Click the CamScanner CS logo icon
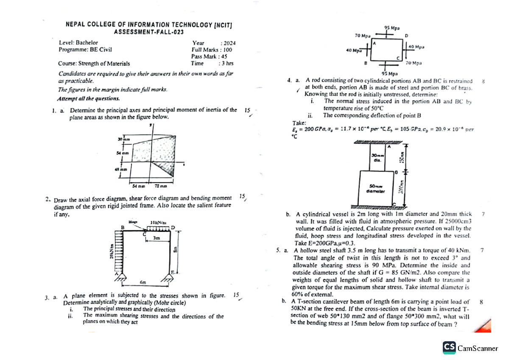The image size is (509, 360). (x=449, y=348)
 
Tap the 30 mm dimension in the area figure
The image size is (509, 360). (x=123, y=139)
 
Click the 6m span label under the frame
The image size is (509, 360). (x=143, y=282)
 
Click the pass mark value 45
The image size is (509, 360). (x=224, y=56)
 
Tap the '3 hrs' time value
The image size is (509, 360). (x=226, y=63)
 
